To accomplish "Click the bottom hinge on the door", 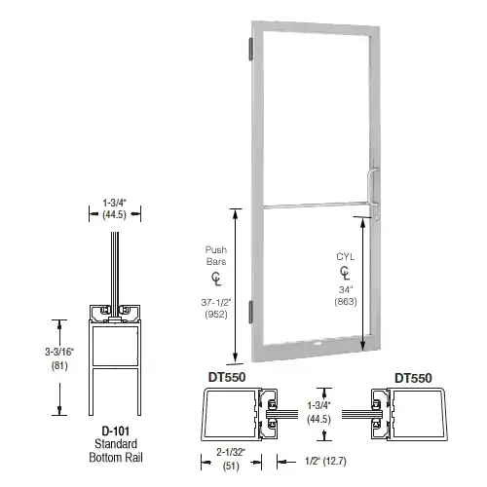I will pos(257,312).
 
